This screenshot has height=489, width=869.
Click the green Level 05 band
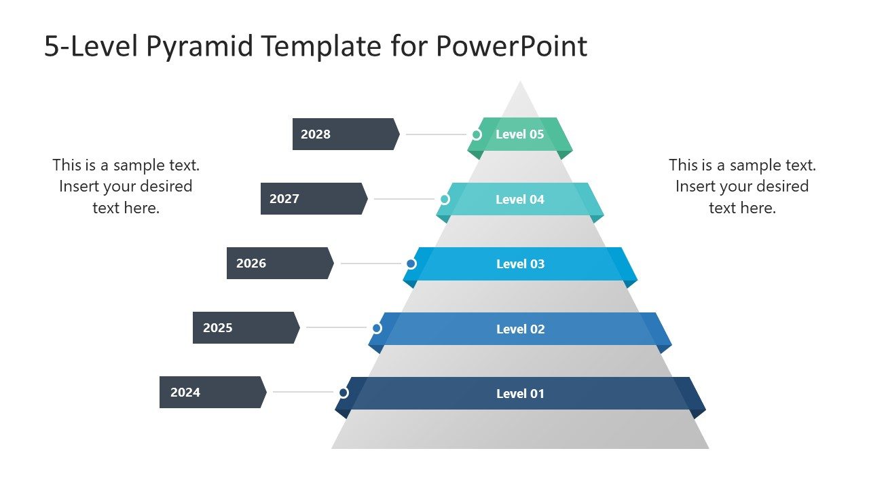pos(520,134)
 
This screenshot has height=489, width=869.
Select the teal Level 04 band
pos(520,199)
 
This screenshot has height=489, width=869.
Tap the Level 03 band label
pos(520,264)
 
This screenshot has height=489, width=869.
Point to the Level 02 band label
pos(520,329)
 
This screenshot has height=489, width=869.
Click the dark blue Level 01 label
pos(520,393)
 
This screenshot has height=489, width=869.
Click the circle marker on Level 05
pos(476,134)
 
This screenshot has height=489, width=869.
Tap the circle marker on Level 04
pos(445,199)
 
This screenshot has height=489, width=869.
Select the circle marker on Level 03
pos(411,264)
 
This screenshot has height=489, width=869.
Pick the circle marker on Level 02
pos(377,328)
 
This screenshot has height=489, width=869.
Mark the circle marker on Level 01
pos(344,393)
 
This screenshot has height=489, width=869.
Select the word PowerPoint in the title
pos(511,46)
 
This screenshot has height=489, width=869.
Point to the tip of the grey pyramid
pos(520,84)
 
